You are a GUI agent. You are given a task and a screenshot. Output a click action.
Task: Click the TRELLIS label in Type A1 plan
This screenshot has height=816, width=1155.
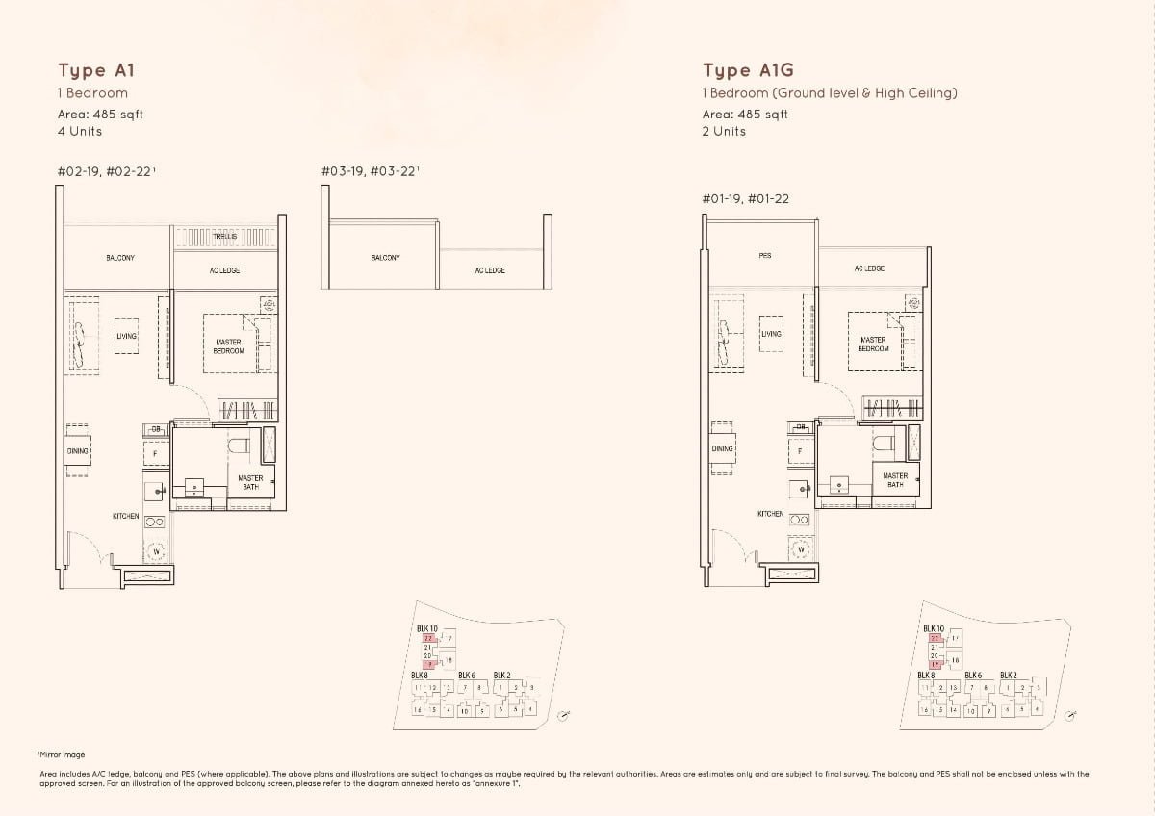tap(224, 235)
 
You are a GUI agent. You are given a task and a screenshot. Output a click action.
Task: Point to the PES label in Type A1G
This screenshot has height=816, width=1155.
tap(764, 256)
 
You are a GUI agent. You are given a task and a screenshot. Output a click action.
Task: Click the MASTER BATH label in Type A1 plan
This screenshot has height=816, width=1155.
tap(250, 482)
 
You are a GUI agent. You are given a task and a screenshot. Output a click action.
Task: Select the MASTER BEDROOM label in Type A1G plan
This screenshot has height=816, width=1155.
tap(873, 344)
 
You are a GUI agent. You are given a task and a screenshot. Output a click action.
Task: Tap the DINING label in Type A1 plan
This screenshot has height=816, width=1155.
tap(78, 450)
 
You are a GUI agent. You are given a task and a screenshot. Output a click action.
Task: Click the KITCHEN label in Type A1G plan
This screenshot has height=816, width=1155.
tap(770, 514)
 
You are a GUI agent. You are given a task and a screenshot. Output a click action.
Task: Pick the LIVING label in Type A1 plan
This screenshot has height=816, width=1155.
tap(126, 336)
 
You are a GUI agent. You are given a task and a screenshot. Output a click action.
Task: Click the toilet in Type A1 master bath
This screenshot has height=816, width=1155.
tap(239, 445)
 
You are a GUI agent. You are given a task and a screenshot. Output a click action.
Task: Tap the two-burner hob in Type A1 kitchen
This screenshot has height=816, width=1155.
tap(154, 522)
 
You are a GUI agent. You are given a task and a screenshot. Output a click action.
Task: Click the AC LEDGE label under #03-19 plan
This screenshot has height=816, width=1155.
tap(490, 270)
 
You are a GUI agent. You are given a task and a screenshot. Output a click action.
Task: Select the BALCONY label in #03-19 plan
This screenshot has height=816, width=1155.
tap(385, 258)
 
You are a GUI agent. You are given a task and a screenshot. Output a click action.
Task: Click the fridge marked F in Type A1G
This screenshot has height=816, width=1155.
tap(799, 451)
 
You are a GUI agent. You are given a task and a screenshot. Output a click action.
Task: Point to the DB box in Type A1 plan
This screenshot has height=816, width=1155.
tap(155, 429)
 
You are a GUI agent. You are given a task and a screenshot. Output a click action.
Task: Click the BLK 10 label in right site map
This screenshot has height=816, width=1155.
tap(934, 628)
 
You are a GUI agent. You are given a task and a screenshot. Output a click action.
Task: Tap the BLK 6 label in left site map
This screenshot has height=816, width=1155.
tap(467, 676)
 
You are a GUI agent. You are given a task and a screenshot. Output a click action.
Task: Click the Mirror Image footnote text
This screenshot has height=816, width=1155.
tap(63, 755)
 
